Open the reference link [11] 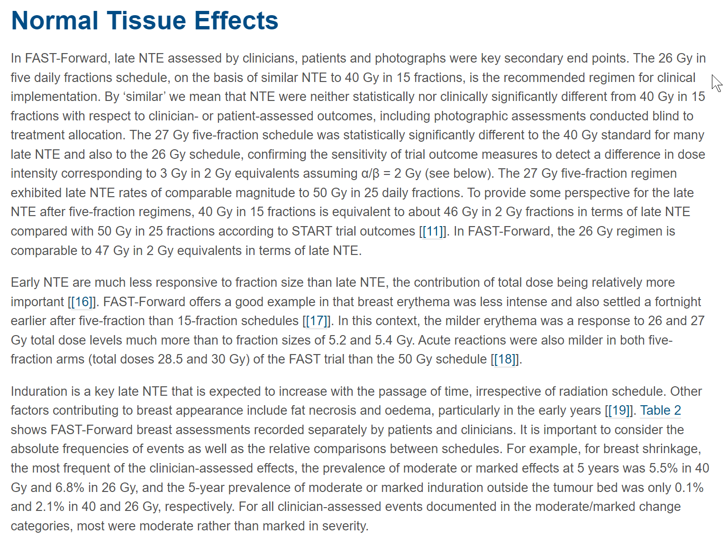(433, 231)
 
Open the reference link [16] (82, 302)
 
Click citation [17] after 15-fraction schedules (317, 321)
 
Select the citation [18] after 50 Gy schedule (505, 359)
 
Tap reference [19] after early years (619, 410)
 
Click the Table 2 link (660, 410)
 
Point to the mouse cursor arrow (716, 83)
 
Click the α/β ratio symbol (370, 173)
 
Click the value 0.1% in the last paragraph (689, 488)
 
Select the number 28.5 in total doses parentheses (170, 359)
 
